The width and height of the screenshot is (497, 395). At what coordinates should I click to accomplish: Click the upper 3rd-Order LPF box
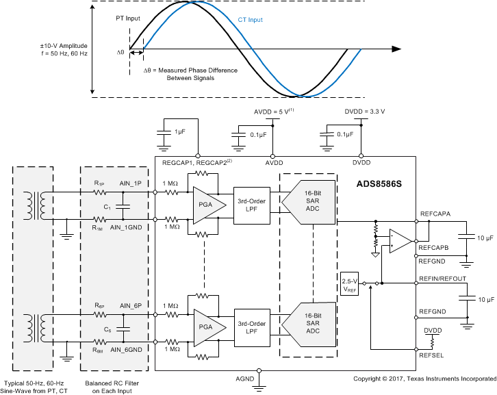252,205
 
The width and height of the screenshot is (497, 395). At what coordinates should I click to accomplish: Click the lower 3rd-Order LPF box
252,328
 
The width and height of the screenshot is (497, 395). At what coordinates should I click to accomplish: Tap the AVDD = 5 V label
272,112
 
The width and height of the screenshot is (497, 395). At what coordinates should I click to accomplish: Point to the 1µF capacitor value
179,131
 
